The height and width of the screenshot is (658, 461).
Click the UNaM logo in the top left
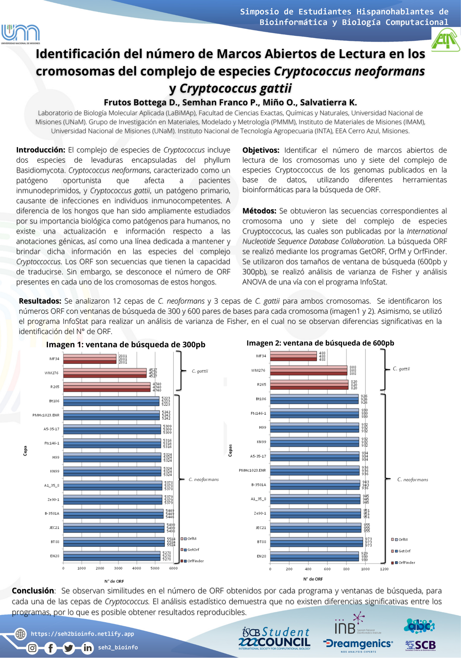[20, 34]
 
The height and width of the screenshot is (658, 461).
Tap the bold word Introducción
[41, 150]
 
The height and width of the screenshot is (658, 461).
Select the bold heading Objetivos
[261, 150]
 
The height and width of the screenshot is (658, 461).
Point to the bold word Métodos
[259, 211]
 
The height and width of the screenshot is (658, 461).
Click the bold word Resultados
[40, 301]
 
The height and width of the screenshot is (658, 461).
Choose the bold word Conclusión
[33, 591]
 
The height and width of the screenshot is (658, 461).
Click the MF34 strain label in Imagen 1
[54, 359]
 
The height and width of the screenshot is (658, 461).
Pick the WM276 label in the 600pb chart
[258, 370]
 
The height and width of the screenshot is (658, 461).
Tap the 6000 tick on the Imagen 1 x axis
[173, 568]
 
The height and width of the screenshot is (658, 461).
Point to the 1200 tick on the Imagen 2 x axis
[384, 569]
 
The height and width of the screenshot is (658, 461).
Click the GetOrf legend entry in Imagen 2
[404, 551]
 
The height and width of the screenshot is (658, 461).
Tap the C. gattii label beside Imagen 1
[200, 371]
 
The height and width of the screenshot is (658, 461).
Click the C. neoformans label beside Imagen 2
[412, 479]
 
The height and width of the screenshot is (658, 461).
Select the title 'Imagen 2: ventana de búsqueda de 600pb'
[320, 343]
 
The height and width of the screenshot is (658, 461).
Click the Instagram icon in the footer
[32, 648]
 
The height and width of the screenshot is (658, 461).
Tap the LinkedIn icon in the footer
[87, 648]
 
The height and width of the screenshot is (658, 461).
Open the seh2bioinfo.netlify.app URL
[82, 634]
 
